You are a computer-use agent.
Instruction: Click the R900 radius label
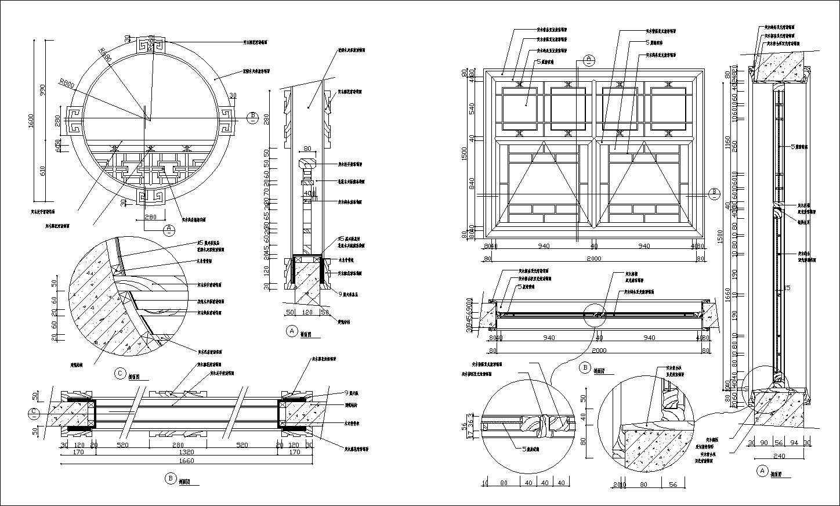coord(67,84)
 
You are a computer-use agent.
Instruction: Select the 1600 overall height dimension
coord(31,120)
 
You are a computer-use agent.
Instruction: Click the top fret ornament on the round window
coord(151,46)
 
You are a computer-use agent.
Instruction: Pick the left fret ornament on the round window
coord(73,120)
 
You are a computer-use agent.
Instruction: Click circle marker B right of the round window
coord(253,117)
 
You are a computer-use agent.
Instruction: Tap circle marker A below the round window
coord(169,229)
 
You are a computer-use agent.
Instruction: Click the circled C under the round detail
coord(120,374)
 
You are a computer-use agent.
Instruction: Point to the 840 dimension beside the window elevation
coord(472,184)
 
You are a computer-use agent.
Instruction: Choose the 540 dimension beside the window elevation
coord(472,109)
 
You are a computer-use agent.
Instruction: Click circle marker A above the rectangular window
coord(588,59)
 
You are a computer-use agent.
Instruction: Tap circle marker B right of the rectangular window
coord(715,191)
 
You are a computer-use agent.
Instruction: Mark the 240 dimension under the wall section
coord(779,456)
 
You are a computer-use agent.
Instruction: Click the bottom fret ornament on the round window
coord(151,196)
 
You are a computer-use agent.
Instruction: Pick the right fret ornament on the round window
coord(225,120)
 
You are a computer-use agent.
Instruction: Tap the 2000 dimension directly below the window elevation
coord(593,259)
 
